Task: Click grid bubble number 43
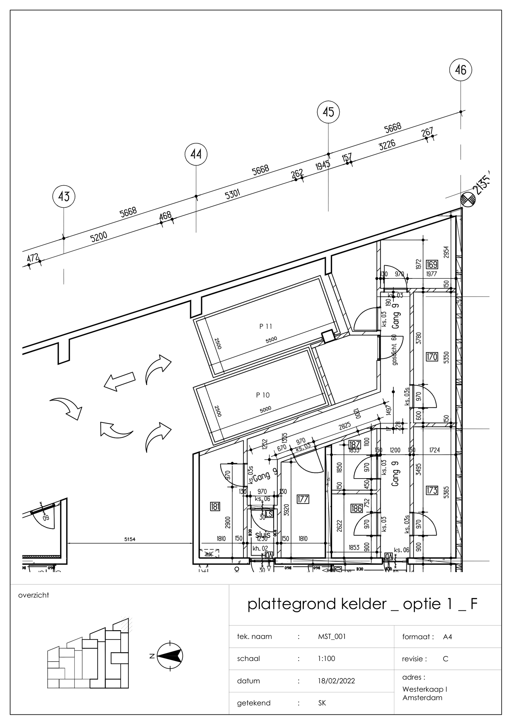point(64,197)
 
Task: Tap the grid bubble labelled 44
point(196,154)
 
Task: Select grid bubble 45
point(328,112)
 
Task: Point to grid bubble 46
point(460,70)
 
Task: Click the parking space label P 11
point(266,327)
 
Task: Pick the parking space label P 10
point(263,395)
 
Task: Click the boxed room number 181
point(215,507)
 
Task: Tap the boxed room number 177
point(303,499)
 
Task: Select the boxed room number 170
point(432,357)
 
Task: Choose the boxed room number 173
point(432,490)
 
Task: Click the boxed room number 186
point(356,508)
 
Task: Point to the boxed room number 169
point(432,264)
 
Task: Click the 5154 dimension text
point(130,539)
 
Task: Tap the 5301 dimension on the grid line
point(232,194)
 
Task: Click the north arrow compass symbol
point(170,656)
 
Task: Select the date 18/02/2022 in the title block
point(336,681)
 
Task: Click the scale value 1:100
point(326,659)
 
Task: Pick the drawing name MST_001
point(332,636)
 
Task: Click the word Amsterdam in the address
point(422,698)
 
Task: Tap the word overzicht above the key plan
point(34,595)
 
